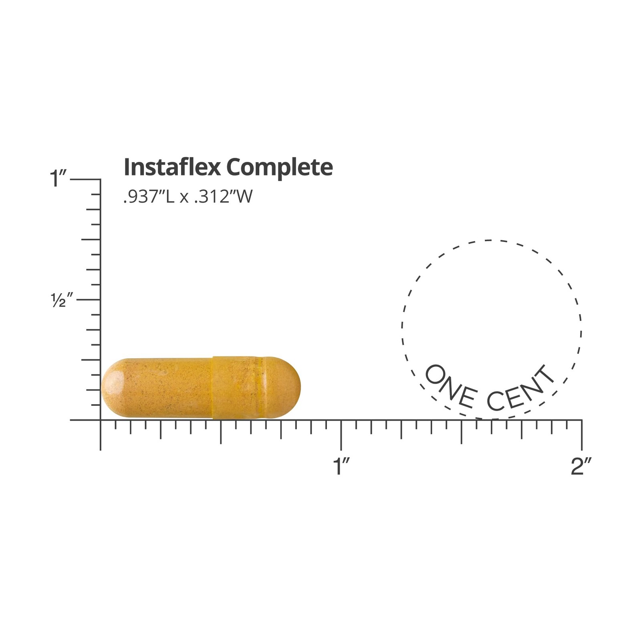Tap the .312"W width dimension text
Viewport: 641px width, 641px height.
click(224, 197)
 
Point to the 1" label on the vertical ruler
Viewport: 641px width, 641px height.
click(58, 178)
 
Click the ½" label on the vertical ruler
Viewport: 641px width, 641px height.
click(62, 300)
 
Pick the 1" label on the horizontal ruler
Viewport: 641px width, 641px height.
click(342, 466)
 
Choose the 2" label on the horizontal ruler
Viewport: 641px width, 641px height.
click(581, 466)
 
